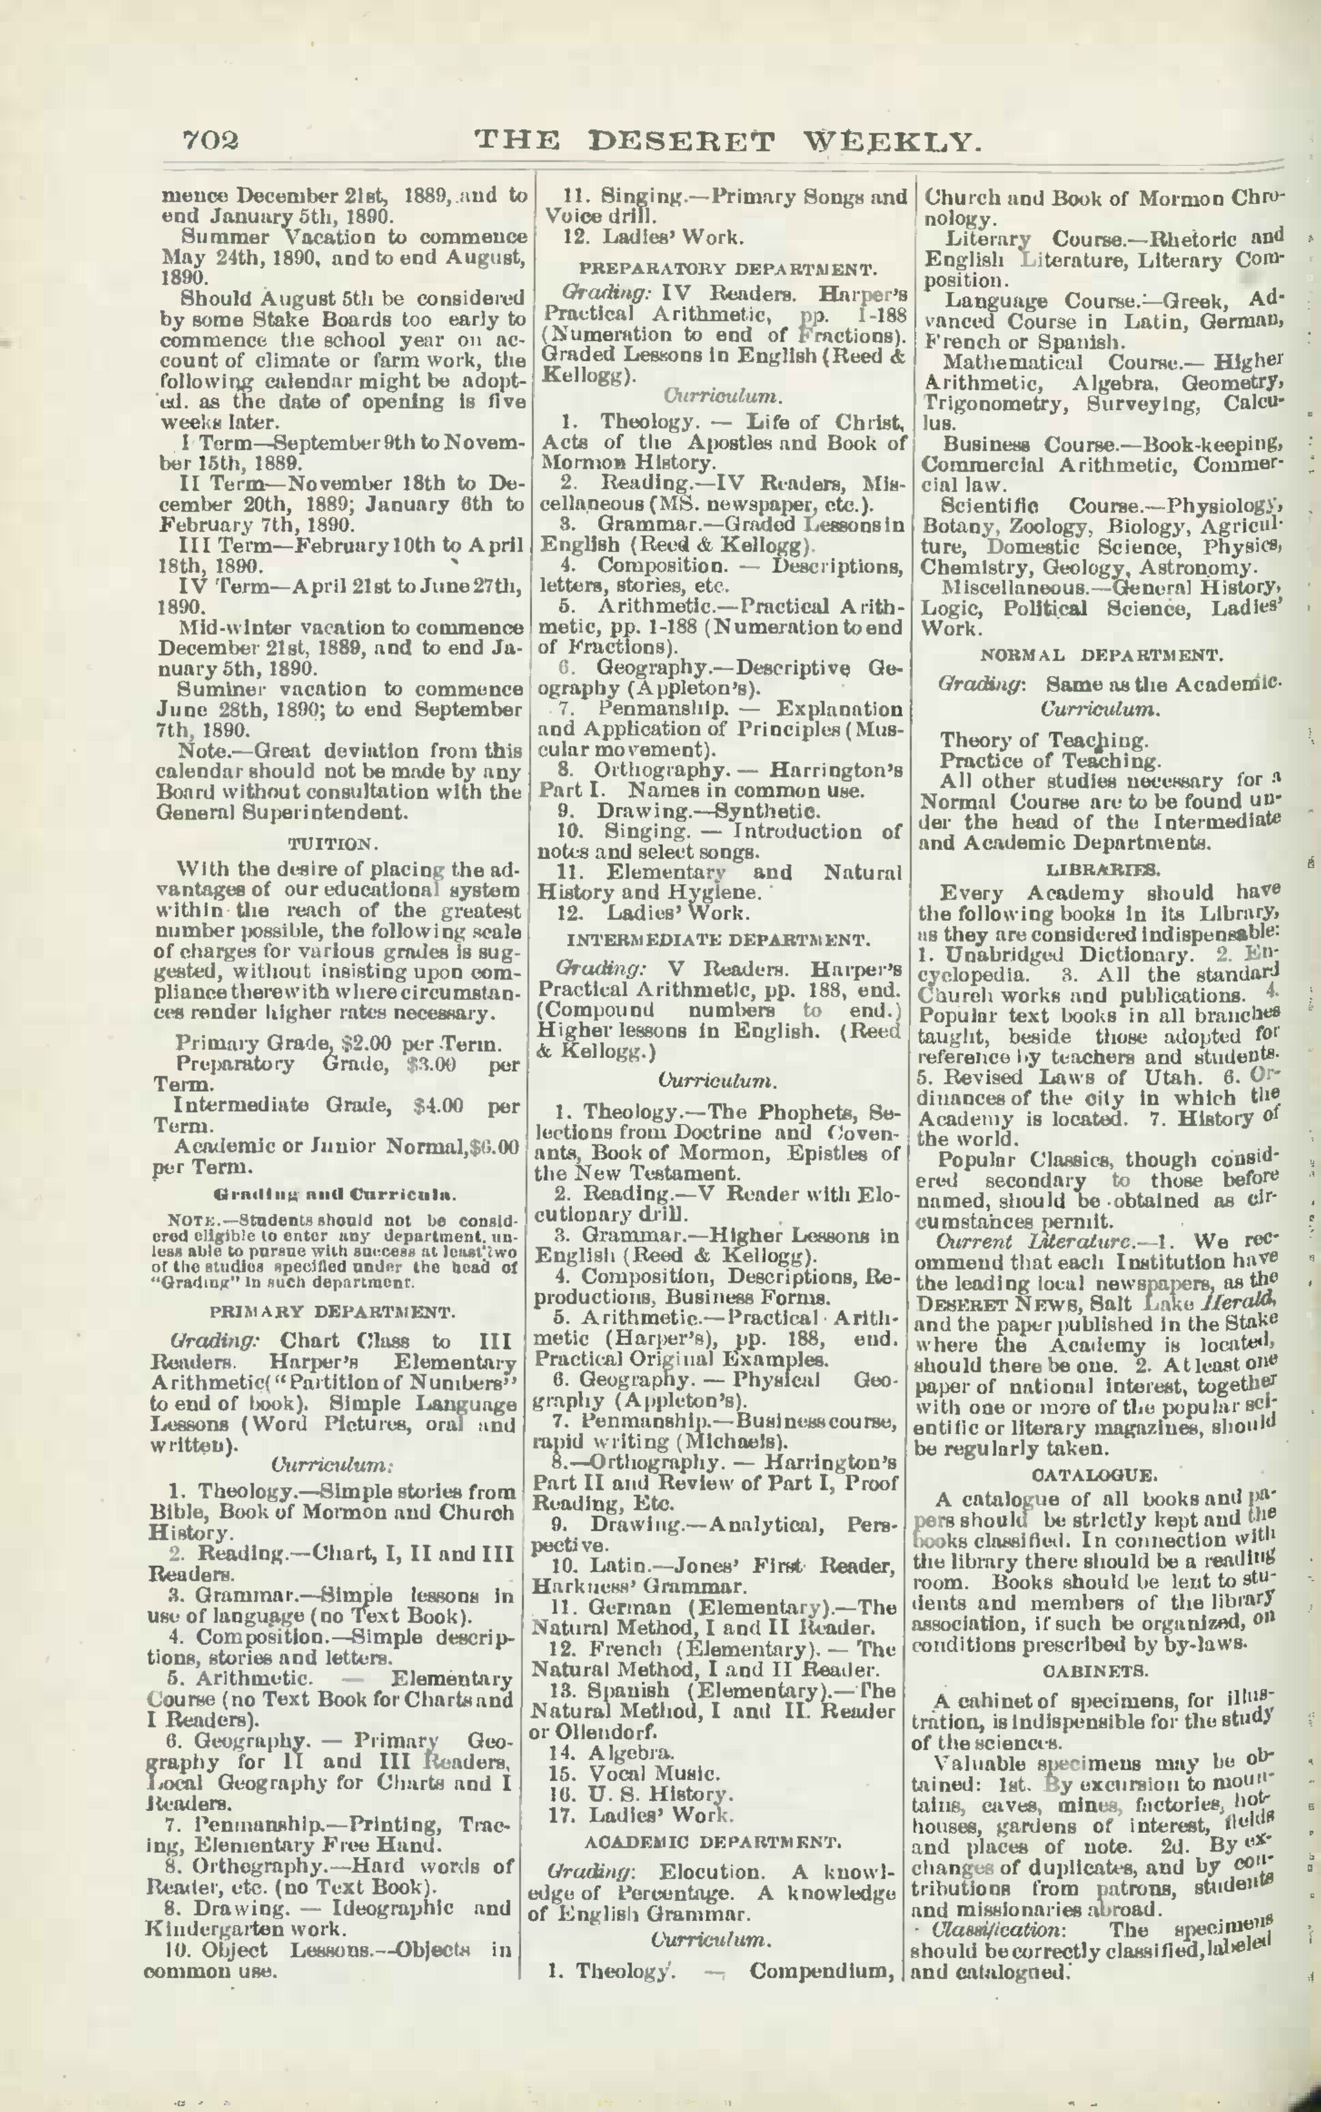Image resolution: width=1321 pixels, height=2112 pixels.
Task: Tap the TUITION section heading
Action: pos(332,844)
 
